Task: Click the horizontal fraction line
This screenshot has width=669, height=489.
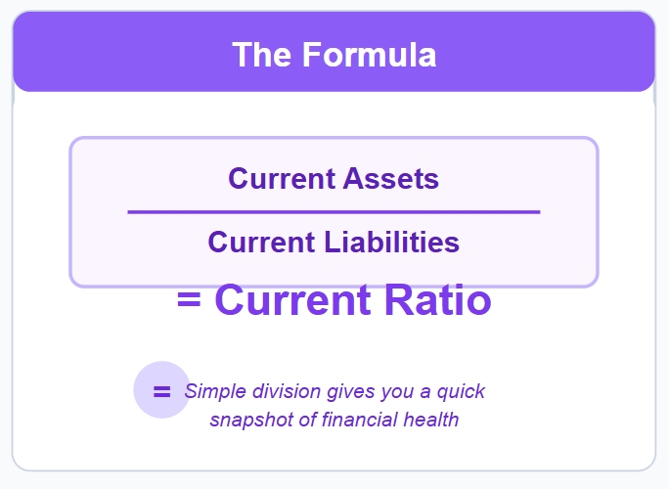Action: pos(334,211)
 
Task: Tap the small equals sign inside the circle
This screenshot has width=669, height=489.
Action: pos(161,391)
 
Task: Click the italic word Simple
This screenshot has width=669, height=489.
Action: pos(213,392)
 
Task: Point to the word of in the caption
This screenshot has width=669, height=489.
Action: pos(304,421)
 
